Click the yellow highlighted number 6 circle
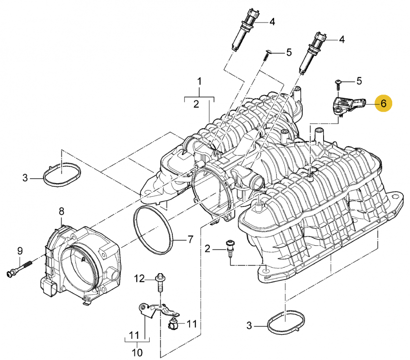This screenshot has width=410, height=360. (x=383, y=103)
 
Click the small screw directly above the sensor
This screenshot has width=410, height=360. (x=338, y=84)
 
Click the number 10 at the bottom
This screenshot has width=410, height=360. (x=137, y=353)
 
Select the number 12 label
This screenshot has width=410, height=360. (x=139, y=278)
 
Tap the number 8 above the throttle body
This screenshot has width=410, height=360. (x=61, y=211)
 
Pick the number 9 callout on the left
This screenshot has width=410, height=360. (x=20, y=251)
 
